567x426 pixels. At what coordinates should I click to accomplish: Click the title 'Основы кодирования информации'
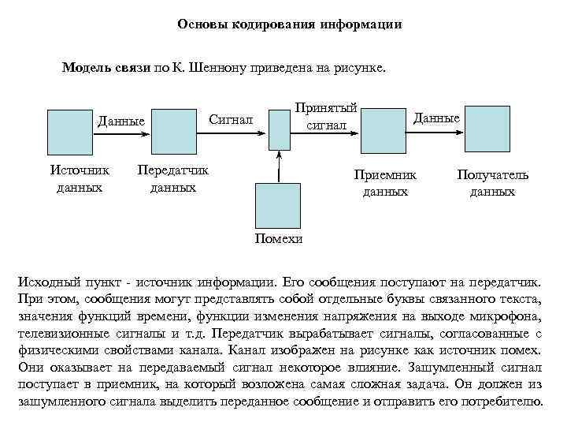tap(289, 24)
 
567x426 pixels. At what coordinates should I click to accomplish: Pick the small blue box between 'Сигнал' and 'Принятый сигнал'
tap(279, 128)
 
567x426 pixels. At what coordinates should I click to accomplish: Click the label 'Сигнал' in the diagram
tap(231, 119)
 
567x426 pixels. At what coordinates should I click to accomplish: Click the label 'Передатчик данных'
tap(173, 179)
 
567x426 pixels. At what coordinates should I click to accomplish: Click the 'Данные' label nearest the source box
tap(120, 121)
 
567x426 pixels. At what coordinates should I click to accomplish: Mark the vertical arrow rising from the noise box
tap(278, 166)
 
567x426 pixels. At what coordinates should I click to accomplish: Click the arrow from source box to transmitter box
tap(119, 133)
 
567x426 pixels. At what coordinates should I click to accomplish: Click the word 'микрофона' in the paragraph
tap(507, 317)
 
